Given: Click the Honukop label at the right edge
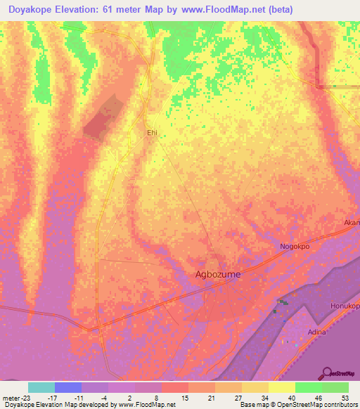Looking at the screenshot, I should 345,307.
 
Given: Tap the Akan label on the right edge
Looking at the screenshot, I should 351,223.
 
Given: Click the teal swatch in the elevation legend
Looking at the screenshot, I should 41,387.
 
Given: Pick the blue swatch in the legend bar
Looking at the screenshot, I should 68,387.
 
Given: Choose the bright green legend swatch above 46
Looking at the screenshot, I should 308,387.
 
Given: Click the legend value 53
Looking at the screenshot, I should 345,398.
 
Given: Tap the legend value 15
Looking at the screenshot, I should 185,398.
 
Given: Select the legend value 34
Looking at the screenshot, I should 264,398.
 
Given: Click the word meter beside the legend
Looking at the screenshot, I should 10,398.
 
